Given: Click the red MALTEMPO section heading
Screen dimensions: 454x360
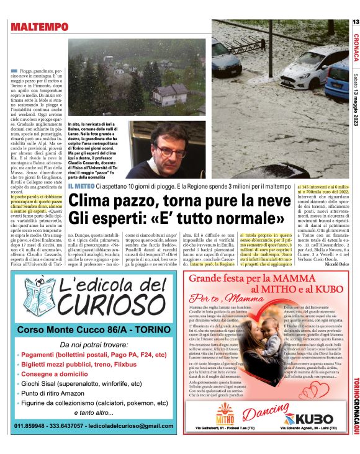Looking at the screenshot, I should pyautogui.click(x=39, y=27).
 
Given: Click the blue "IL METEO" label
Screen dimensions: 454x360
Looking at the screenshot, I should pyautogui.click(x=81, y=185).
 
